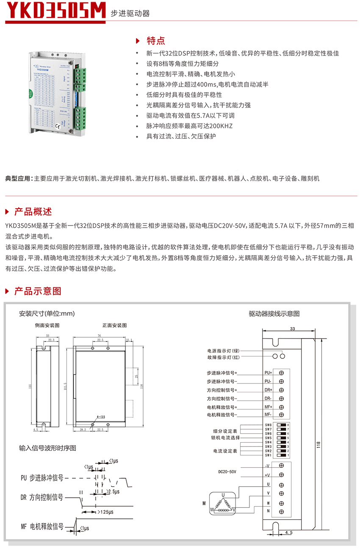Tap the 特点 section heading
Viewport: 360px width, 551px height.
tap(155, 41)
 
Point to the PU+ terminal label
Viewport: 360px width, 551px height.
tap(268, 373)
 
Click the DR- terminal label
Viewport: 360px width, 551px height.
tap(268, 398)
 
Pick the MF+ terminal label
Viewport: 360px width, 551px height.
tap(268, 407)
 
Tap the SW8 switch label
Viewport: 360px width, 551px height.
tap(268, 425)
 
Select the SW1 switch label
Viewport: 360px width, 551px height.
tap(268, 455)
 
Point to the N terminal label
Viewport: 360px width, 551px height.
tap(268, 511)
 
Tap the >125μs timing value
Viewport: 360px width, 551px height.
tap(105, 512)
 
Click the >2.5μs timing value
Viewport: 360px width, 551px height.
tap(113, 492)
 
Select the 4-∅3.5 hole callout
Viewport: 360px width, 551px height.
tap(102, 417)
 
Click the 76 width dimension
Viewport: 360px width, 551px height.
tap(100, 334)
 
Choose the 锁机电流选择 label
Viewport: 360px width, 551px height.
tap(225, 438)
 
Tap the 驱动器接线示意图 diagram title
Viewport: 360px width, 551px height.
tap(274, 314)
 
